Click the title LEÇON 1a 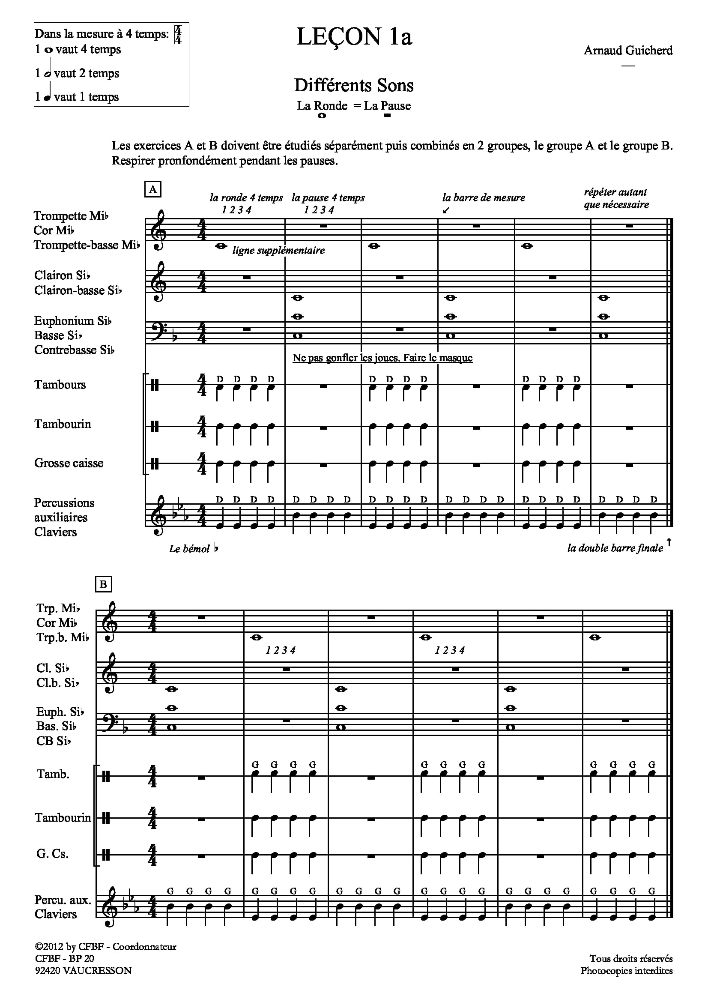click(354, 37)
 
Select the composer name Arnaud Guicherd click(628, 51)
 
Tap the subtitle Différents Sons click(354, 86)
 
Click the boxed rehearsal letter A click(152, 189)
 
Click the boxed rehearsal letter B click(103, 584)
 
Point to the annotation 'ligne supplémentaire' click(278, 251)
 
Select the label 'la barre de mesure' click(483, 197)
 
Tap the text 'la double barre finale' click(615, 548)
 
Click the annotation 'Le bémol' click(189, 549)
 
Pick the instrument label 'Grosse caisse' click(69, 463)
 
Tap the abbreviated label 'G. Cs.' click(52, 854)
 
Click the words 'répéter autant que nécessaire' click(615, 199)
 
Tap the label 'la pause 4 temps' click(328, 197)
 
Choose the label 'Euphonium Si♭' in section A click(73, 321)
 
